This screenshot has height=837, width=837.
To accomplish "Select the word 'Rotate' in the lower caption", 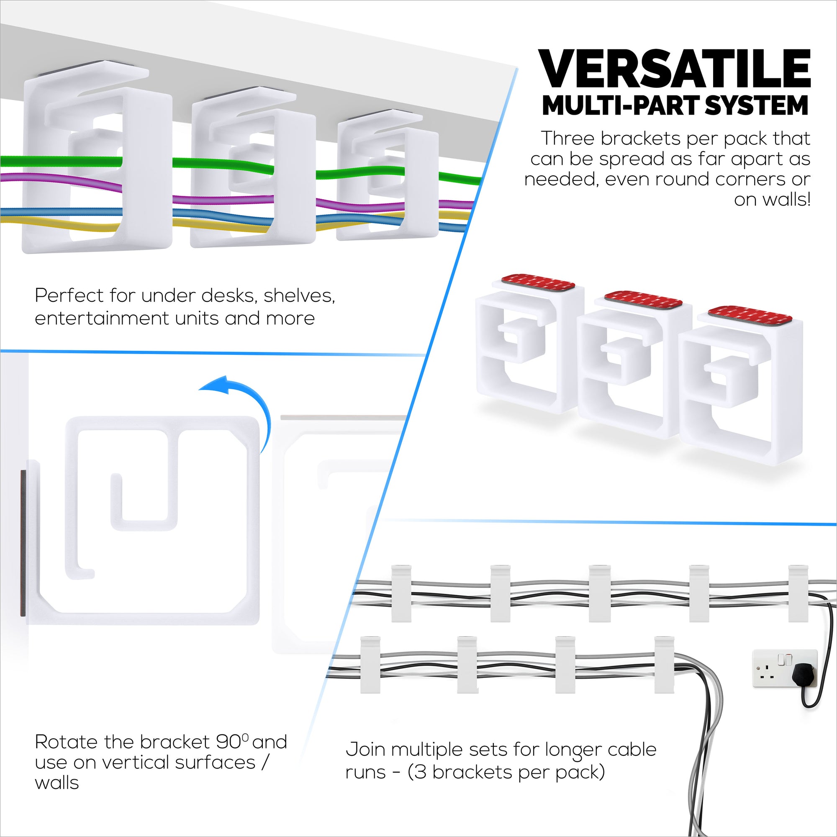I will tap(66, 742).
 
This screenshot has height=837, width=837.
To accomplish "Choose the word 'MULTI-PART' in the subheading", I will tap(620, 106).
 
